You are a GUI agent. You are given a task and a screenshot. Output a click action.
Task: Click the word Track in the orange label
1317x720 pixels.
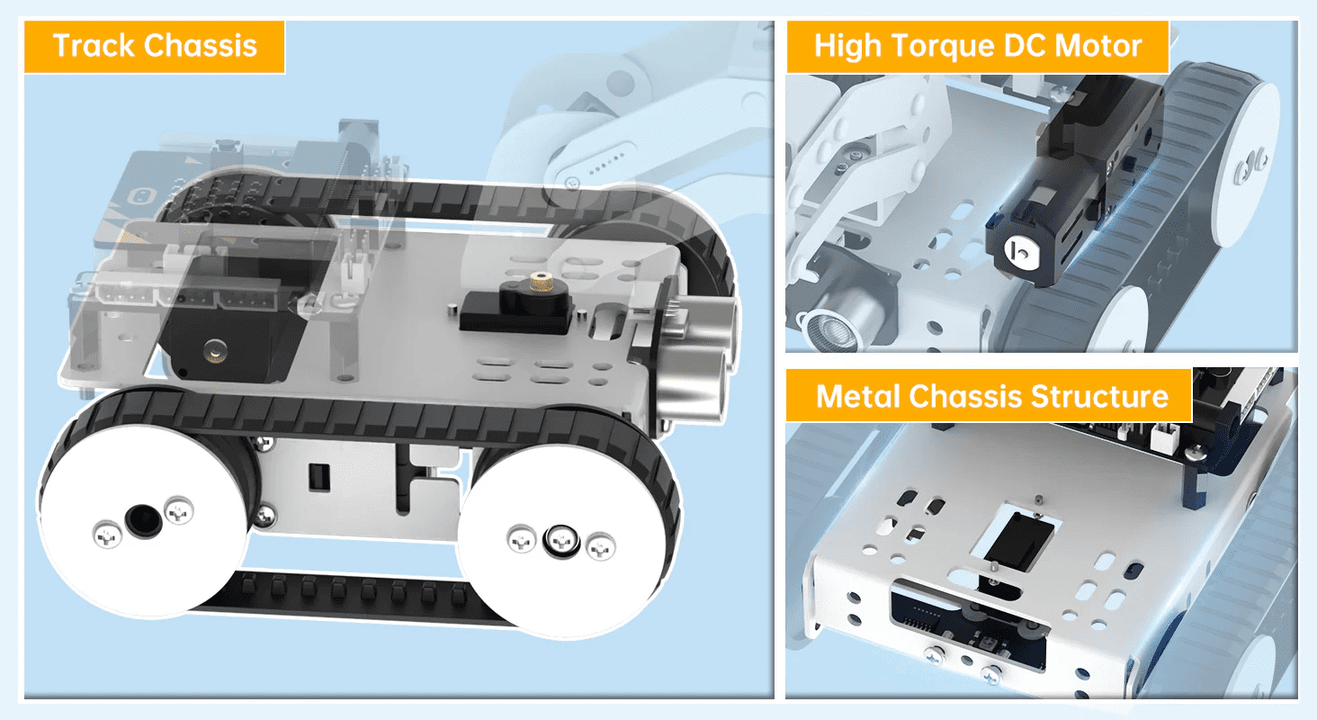[x=94, y=45]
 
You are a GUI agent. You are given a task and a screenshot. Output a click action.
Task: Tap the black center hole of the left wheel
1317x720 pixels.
[x=141, y=519]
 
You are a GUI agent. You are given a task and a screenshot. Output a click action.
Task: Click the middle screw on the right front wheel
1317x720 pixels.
[x=560, y=540]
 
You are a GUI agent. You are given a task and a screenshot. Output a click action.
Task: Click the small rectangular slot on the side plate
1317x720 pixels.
[x=317, y=474]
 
